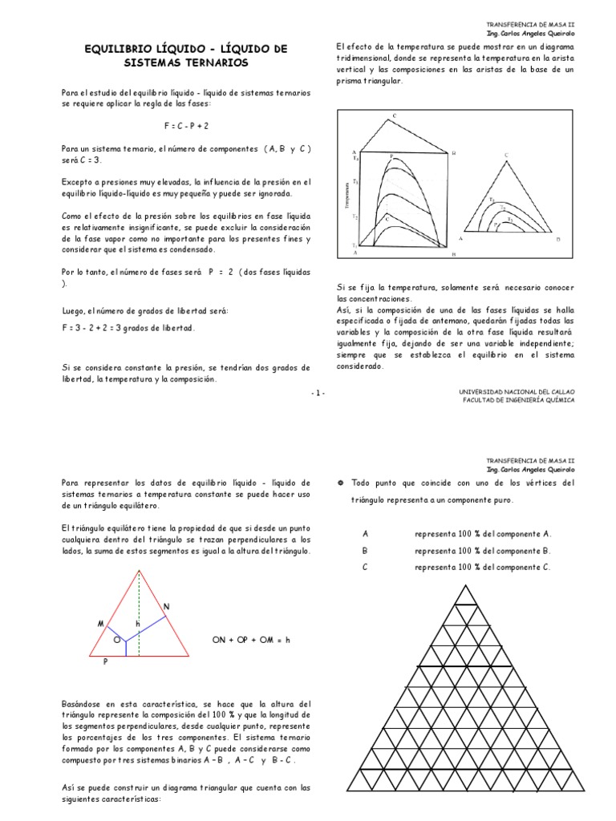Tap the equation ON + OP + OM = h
pyautogui.click(x=250, y=640)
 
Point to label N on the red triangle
pyautogui.click(x=167, y=607)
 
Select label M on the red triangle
pyautogui.click(x=101, y=622)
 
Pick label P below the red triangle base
pyautogui.click(x=104, y=662)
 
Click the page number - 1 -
pyautogui.click(x=318, y=393)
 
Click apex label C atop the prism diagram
pyautogui.click(x=395, y=116)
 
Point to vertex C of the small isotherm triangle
pyautogui.click(x=506, y=154)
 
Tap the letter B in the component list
pyautogui.click(x=365, y=551)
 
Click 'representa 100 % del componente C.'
pyautogui.click(x=483, y=568)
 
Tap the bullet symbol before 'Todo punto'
pyautogui.click(x=341, y=483)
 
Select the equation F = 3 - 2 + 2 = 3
pyautogui.click(x=128, y=328)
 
